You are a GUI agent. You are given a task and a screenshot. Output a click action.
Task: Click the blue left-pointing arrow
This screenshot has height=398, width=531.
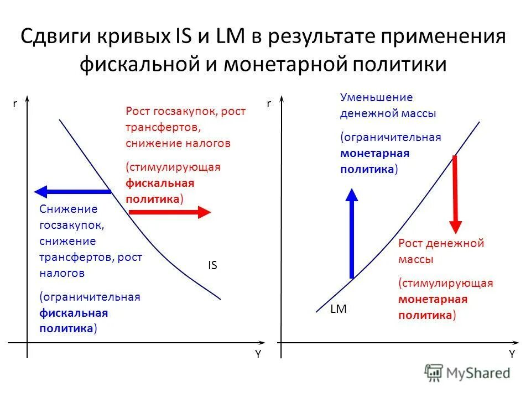pyautogui.click(x=72, y=192)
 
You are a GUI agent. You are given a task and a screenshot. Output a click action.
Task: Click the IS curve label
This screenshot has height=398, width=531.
pyautogui.click(x=212, y=265)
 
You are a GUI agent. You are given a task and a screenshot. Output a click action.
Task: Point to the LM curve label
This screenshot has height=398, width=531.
pyautogui.click(x=338, y=310)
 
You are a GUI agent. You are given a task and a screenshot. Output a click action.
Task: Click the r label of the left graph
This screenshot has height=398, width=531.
pyautogui.click(x=15, y=103)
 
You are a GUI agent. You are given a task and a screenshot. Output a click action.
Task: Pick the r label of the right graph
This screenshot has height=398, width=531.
pyautogui.click(x=269, y=103)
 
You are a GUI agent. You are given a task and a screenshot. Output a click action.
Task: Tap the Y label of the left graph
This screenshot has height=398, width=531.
pyautogui.click(x=258, y=355)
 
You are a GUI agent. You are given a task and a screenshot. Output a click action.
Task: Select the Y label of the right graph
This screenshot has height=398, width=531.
pyautogui.click(x=512, y=355)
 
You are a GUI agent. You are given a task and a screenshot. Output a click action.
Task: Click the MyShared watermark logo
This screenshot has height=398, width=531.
pyautogui.click(x=467, y=373)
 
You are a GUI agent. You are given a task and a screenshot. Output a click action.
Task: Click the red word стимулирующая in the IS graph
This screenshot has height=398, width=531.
pyautogui.click(x=174, y=167)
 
